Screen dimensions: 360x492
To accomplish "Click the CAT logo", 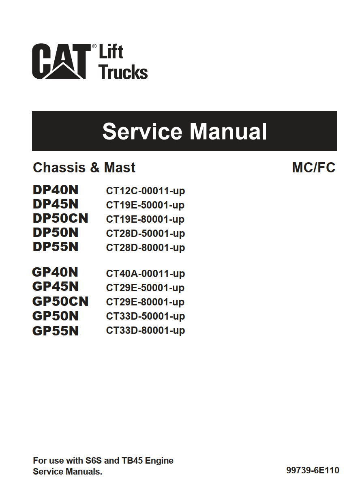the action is [x=61, y=61].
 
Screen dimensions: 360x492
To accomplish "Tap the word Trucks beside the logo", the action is [x=123, y=72].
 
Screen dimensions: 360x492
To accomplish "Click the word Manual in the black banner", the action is [x=228, y=131].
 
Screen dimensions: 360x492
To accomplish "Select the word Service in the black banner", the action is [x=142, y=131].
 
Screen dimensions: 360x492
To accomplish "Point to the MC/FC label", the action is [x=313, y=168].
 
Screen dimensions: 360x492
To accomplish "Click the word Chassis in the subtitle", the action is [x=59, y=168].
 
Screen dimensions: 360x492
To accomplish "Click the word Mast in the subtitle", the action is [x=120, y=168].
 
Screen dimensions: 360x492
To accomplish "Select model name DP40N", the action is [x=56, y=190].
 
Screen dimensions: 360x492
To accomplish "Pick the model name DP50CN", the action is [x=60, y=218].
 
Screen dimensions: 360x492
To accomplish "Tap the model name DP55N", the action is [x=56, y=247].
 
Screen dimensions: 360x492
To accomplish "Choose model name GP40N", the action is [x=55, y=272].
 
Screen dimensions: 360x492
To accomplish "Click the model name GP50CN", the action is [x=60, y=301].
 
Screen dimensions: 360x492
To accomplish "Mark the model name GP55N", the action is [x=56, y=331].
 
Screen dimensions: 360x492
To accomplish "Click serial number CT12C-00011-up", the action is [x=146, y=191].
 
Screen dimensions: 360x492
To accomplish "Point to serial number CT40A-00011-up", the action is [x=146, y=274].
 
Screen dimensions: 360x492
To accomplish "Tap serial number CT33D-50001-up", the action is [x=146, y=317].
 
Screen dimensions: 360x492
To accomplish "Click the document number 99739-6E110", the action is [x=313, y=470].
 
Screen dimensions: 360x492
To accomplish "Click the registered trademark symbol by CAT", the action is [x=94, y=46].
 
